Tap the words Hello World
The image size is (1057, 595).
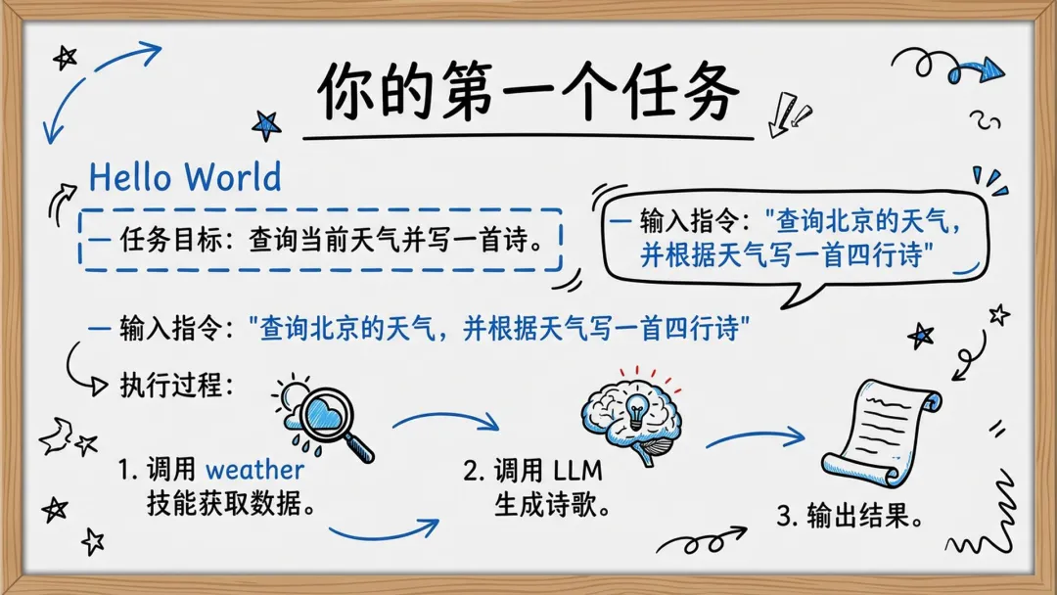click(185, 177)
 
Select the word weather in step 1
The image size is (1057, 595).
click(254, 469)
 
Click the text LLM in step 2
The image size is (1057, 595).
click(577, 471)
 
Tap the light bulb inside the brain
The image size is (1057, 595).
click(636, 410)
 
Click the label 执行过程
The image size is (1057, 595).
click(176, 386)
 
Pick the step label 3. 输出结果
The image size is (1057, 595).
click(850, 516)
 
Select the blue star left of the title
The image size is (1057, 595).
click(266, 125)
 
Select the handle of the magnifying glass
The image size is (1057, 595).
click(358, 447)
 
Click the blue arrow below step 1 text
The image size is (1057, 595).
click(385, 530)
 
